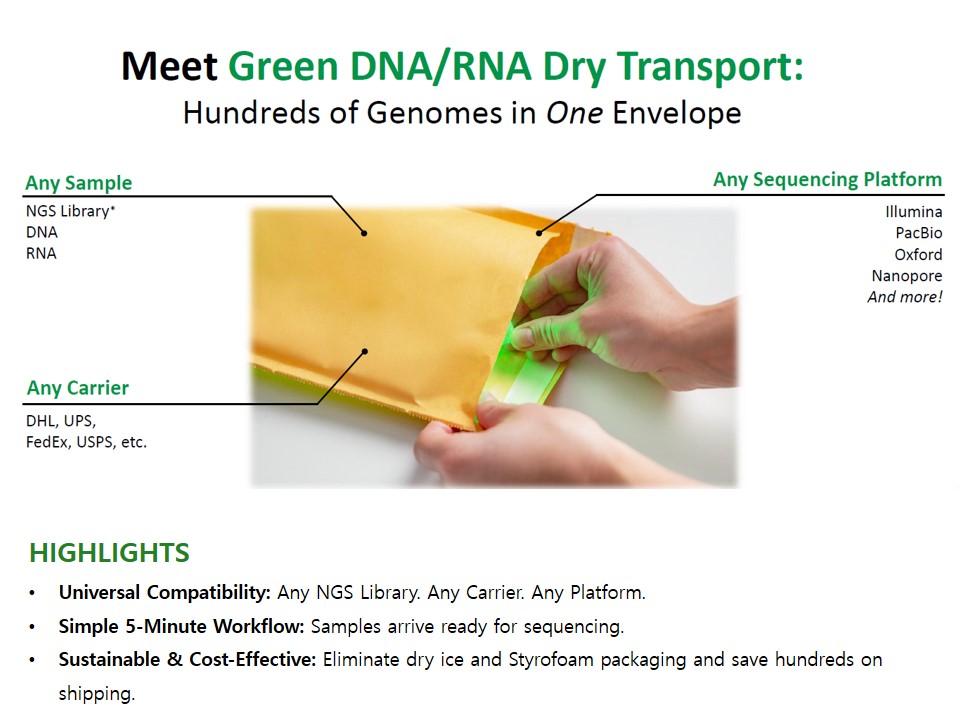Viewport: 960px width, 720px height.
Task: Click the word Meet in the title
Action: pos(169,66)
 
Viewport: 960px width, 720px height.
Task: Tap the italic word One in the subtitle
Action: pos(574,113)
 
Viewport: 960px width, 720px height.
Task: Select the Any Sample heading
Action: pos(78,182)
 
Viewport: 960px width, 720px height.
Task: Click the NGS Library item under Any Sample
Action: pos(70,211)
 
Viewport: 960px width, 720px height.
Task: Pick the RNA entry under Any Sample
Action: pos(41,253)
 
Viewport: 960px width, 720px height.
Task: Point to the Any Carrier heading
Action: pos(78,388)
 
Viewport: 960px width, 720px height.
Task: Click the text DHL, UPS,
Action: pos(61,421)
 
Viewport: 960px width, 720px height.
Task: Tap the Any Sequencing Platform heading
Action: pos(827,179)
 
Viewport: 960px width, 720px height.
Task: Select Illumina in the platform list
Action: pos(913,212)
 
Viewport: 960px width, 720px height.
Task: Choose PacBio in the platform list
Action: pos(918,233)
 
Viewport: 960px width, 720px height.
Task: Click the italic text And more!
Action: pos(905,297)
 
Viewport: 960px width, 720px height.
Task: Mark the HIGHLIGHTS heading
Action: pos(110,552)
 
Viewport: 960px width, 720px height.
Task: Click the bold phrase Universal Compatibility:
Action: pos(165,593)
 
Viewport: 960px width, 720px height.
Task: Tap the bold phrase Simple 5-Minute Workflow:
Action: pos(181,626)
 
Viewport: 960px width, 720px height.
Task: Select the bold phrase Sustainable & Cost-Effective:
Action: pos(187,659)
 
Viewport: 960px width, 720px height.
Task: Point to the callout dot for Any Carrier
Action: pos(365,351)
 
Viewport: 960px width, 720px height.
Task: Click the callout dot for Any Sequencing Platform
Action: pos(539,233)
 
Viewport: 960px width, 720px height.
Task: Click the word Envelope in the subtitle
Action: pos(677,113)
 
